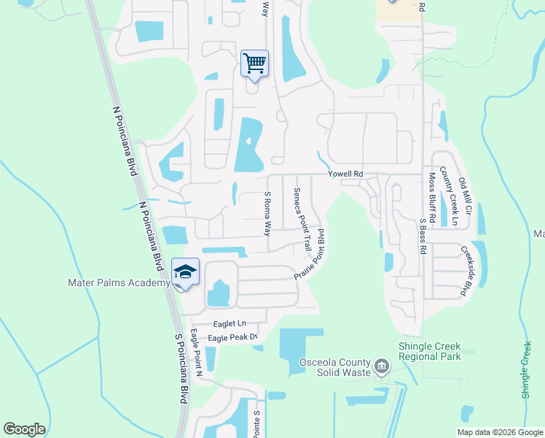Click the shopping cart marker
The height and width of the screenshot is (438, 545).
click(x=254, y=64)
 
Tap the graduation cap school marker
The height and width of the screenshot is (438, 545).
click(x=185, y=272)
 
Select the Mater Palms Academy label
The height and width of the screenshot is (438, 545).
click(x=119, y=283)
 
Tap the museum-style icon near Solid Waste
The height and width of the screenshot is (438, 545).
click(x=381, y=366)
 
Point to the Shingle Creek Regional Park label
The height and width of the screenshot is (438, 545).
click(x=430, y=352)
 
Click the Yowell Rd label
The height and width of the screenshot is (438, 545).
click(x=345, y=174)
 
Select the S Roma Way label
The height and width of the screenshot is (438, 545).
click(x=267, y=213)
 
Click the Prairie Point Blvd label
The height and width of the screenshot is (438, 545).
click(x=309, y=260)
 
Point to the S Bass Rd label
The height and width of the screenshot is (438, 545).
click(x=423, y=235)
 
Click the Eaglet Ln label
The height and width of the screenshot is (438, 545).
click(x=230, y=323)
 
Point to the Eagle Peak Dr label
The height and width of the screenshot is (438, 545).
click(x=233, y=337)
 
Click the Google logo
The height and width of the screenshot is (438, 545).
click(x=24, y=429)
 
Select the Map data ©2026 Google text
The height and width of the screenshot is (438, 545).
click(x=499, y=432)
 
